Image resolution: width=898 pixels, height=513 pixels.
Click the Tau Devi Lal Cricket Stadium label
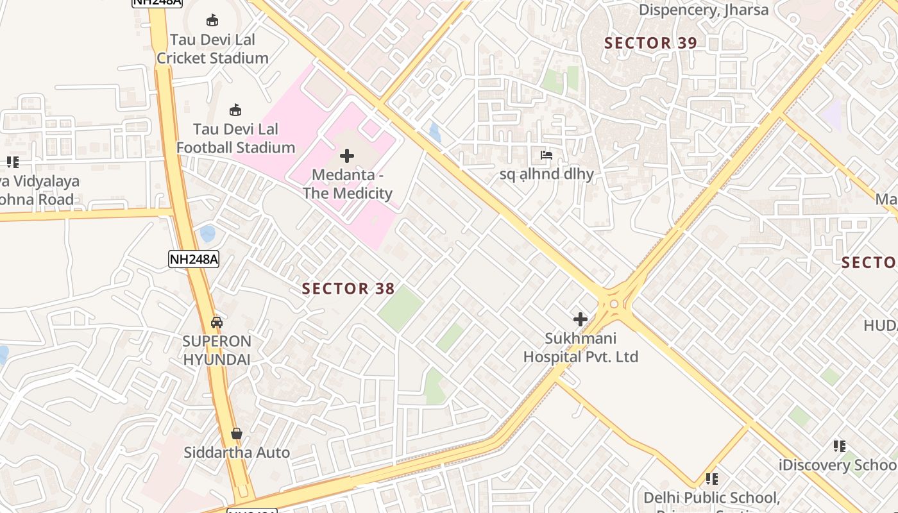(x=212, y=49)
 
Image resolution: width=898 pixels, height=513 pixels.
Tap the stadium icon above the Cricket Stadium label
(x=212, y=20)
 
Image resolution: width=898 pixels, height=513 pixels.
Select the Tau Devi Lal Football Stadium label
(x=235, y=139)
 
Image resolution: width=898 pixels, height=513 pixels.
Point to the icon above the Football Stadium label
(x=235, y=110)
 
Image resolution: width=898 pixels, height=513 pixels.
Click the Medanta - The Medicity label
(x=347, y=184)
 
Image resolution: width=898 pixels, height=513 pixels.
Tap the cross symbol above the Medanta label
(x=347, y=156)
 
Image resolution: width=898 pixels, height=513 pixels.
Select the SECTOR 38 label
(x=348, y=289)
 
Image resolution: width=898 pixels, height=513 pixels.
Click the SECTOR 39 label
(x=650, y=43)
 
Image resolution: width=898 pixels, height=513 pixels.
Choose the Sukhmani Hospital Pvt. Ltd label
(x=580, y=348)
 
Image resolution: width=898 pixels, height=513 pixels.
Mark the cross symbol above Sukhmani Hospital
(x=580, y=319)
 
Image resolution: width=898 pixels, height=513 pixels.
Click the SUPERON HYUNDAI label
(x=217, y=350)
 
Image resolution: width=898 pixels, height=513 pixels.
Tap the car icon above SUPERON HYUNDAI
(x=217, y=322)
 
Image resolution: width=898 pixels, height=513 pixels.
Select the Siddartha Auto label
(x=237, y=453)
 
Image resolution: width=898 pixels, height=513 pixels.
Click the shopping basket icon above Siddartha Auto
(x=237, y=434)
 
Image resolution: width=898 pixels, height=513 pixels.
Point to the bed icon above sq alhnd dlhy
(x=546, y=155)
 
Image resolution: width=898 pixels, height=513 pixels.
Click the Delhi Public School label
(x=711, y=498)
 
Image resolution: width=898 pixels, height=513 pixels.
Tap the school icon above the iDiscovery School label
(x=839, y=446)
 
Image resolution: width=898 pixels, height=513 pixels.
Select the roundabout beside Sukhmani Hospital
(x=614, y=304)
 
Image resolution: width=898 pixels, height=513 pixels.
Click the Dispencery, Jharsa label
(x=703, y=10)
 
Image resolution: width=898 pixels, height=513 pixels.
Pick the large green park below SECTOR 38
(x=400, y=308)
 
